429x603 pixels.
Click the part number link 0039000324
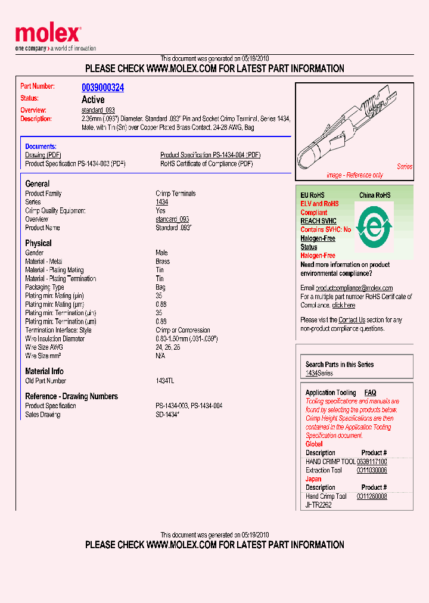(x=102, y=88)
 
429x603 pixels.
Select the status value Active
(x=93, y=100)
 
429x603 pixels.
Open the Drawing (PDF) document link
(x=43, y=155)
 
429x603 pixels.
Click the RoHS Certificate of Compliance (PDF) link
(x=206, y=163)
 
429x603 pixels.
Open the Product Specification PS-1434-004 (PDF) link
(x=210, y=155)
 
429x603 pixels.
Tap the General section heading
(x=38, y=184)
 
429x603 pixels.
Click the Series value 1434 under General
(x=161, y=202)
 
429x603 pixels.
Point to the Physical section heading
(x=38, y=243)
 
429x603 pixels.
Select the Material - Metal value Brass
(x=163, y=261)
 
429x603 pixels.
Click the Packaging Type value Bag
(x=160, y=287)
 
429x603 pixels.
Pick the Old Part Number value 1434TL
(x=165, y=381)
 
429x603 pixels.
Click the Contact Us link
(x=352, y=320)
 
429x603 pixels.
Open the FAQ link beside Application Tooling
(x=370, y=393)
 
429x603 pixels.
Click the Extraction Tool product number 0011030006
(x=372, y=470)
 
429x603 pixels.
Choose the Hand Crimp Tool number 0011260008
(x=372, y=496)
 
